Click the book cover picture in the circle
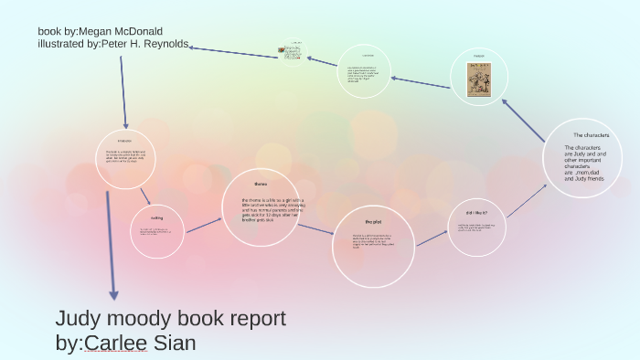(478, 79)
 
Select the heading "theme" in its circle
(261, 183)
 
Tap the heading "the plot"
(372, 222)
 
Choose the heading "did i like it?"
(477, 212)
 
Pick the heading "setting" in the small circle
(157, 217)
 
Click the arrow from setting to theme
(206, 223)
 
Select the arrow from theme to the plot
(315, 228)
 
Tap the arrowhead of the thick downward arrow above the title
(113, 294)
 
